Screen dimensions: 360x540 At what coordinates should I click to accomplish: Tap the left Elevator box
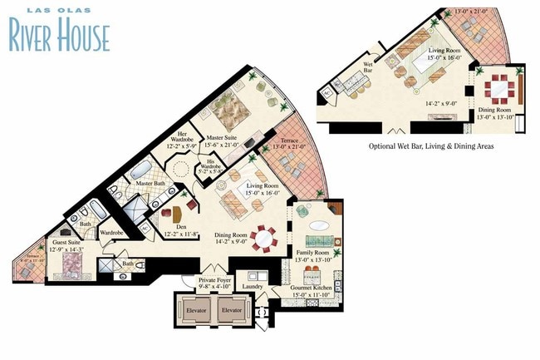(197, 310)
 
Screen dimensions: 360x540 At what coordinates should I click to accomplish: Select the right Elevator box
(232, 310)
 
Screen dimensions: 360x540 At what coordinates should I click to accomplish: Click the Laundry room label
(253, 287)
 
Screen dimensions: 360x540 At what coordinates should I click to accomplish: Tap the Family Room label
(312, 255)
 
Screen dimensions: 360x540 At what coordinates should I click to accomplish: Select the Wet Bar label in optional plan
(368, 67)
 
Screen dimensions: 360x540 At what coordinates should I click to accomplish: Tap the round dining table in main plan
(263, 239)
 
